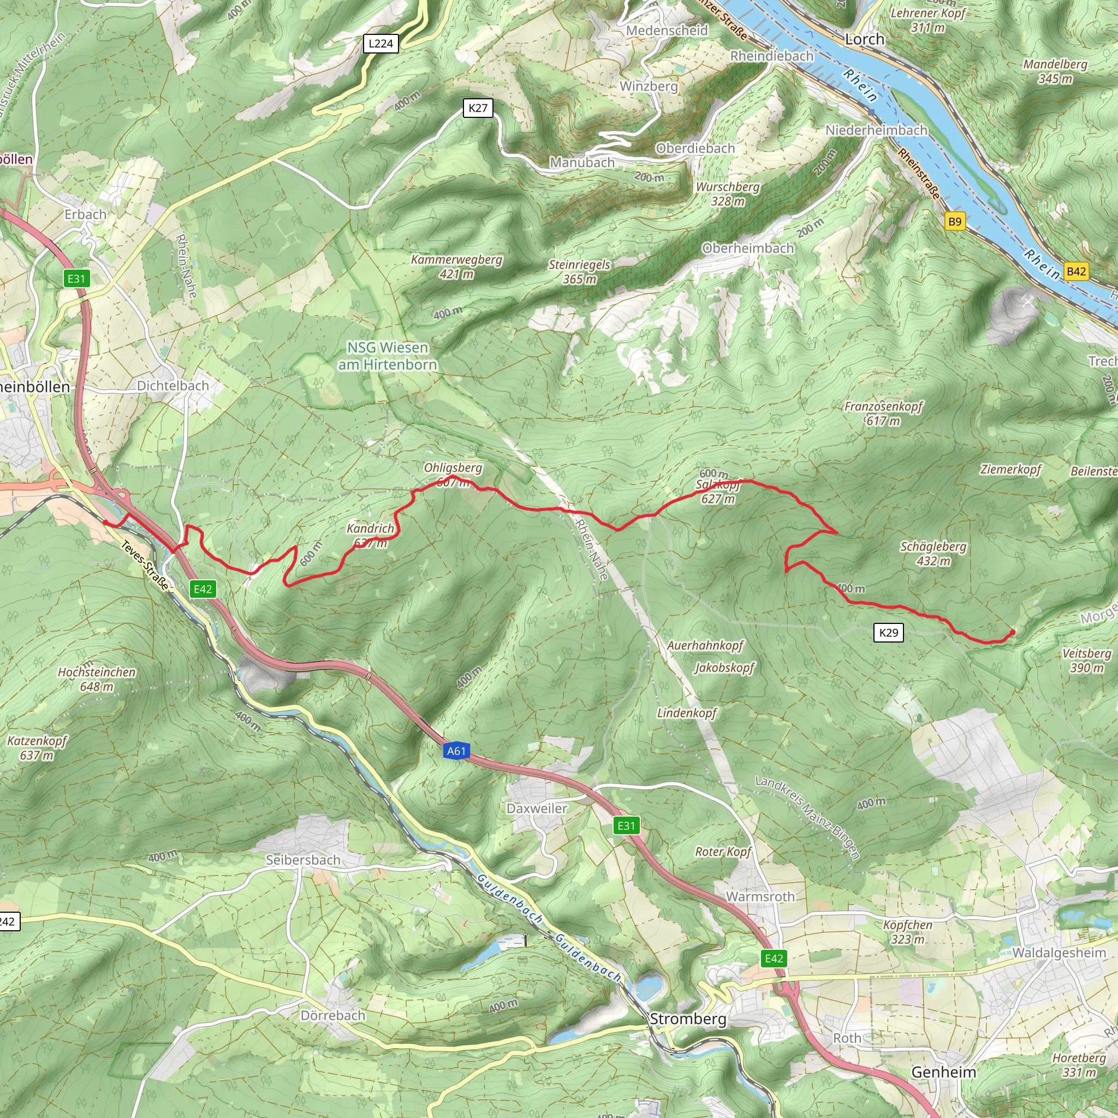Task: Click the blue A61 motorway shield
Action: pyautogui.click(x=456, y=751)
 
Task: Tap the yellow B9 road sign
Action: pyautogui.click(x=955, y=221)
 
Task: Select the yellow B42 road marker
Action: pyautogui.click(x=1076, y=271)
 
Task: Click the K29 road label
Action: pyautogui.click(x=888, y=633)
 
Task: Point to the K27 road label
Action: pyautogui.click(x=478, y=108)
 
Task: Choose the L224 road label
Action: pyautogui.click(x=381, y=44)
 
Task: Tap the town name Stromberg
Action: pyautogui.click(x=687, y=1019)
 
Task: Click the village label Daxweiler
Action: pyautogui.click(x=537, y=808)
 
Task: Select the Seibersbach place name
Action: pyautogui.click(x=302, y=860)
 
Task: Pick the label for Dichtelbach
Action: pyautogui.click(x=173, y=385)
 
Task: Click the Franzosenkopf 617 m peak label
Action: pyautogui.click(x=883, y=413)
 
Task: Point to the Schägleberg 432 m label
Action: pyautogui.click(x=933, y=553)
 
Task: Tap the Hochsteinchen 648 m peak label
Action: pyautogui.click(x=97, y=679)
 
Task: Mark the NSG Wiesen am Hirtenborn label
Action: pyautogui.click(x=387, y=356)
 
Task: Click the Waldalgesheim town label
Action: pyautogui.click(x=1058, y=953)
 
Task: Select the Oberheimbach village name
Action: pyautogui.click(x=748, y=248)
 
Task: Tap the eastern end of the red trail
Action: pyautogui.click(x=1013, y=632)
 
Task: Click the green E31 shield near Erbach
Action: pyautogui.click(x=76, y=279)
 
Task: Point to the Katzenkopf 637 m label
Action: pyautogui.click(x=37, y=748)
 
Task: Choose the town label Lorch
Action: pyautogui.click(x=865, y=39)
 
